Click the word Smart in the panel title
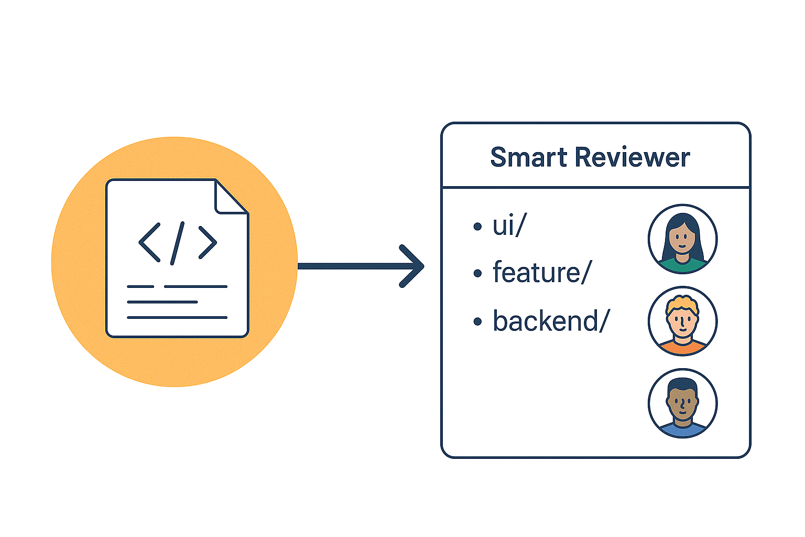[x=528, y=157]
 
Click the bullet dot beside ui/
[x=477, y=227]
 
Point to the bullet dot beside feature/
[x=477, y=274]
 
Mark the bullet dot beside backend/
[x=477, y=321]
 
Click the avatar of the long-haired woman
[x=682, y=239]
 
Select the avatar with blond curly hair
[x=682, y=320]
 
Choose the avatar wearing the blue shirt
[x=682, y=403]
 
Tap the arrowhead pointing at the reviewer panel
[x=414, y=266]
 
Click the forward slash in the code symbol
[x=178, y=242]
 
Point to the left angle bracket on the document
[x=149, y=242]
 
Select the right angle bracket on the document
[x=208, y=242]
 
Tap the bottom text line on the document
[x=177, y=317]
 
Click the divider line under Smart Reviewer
[x=595, y=187]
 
